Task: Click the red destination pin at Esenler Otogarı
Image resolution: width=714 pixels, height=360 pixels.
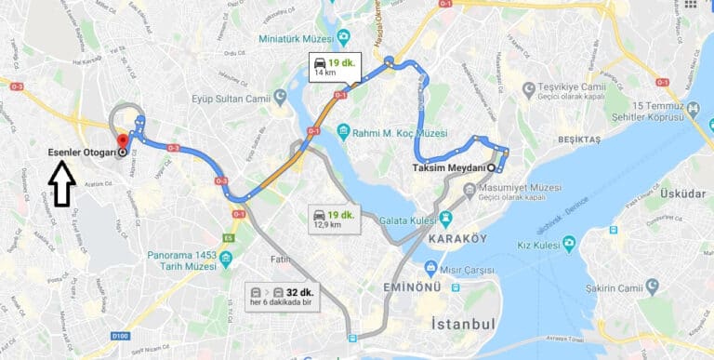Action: [x=122, y=142]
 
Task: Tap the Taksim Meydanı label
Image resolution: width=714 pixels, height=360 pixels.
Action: [x=453, y=167]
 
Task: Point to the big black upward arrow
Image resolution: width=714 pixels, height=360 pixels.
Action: [x=62, y=184]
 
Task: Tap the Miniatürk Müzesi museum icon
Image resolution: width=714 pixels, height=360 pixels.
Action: [x=344, y=37]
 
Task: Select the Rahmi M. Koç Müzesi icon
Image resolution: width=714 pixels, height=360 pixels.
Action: [x=343, y=132]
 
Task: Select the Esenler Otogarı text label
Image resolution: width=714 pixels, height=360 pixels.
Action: [x=81, y=153]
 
